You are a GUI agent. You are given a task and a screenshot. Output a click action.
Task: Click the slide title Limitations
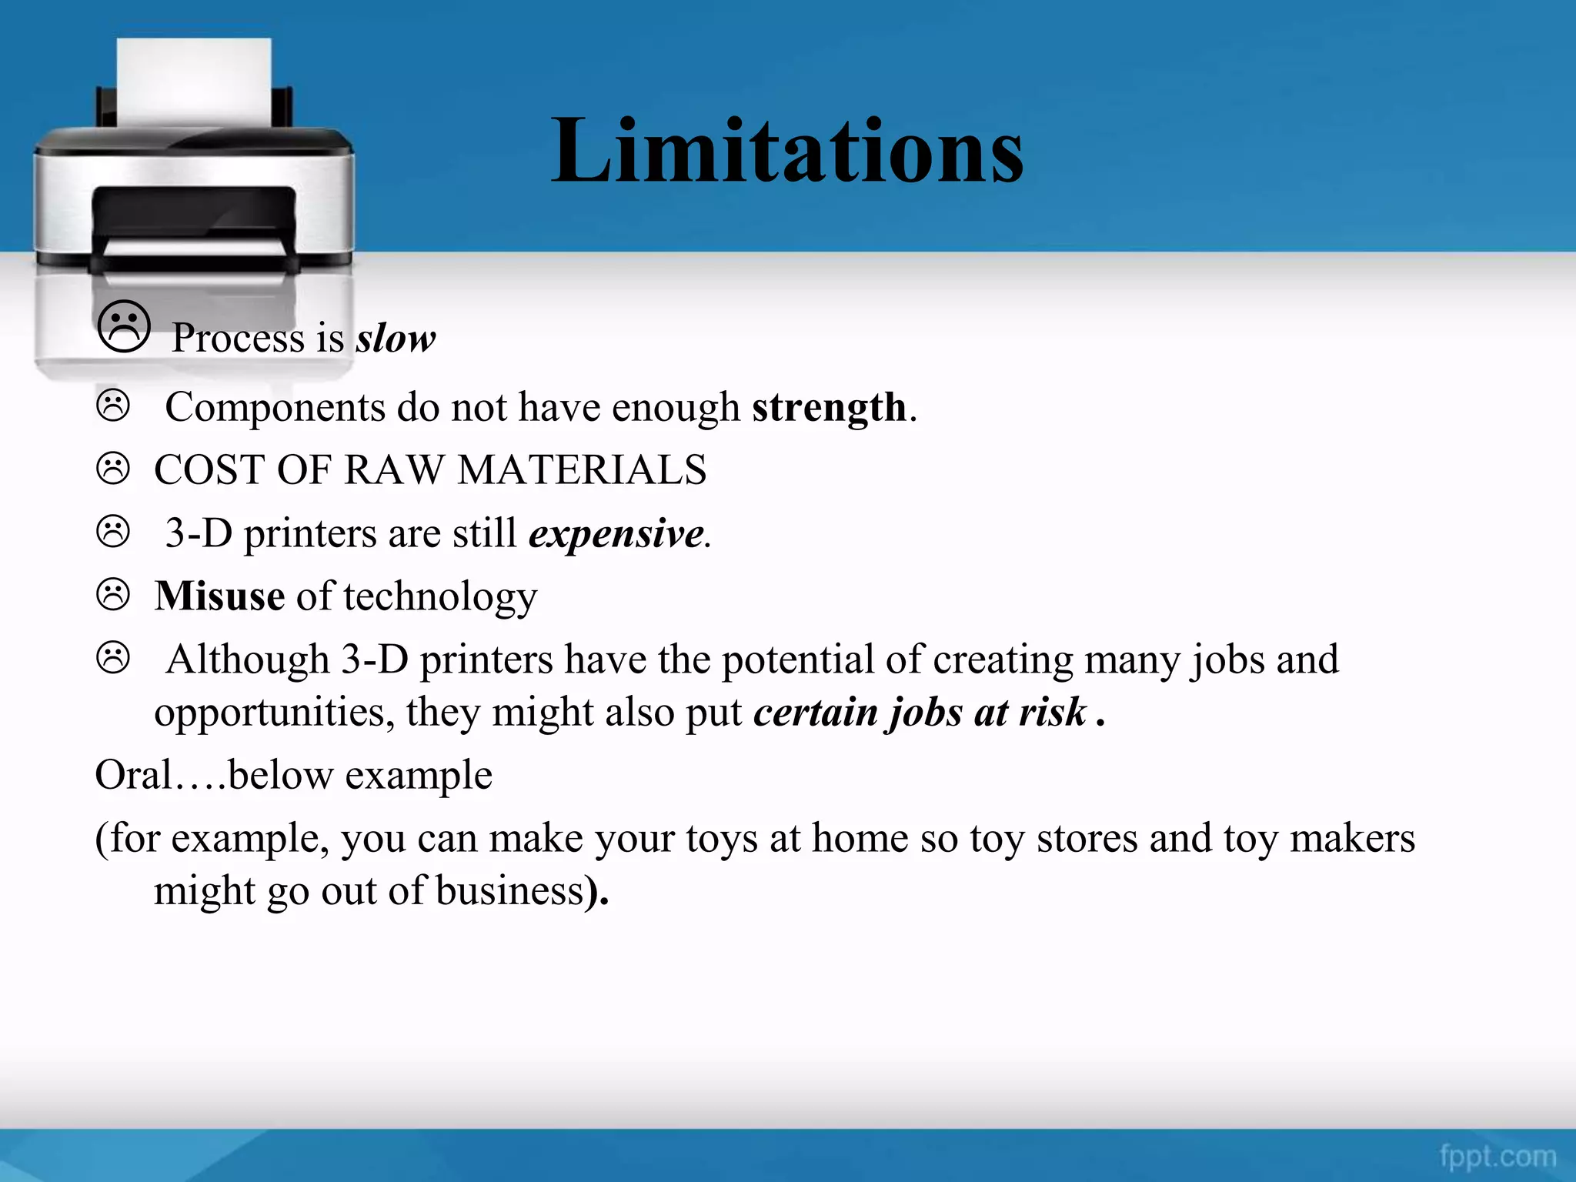click(786, 151)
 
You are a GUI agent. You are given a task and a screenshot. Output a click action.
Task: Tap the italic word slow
click(396, 339)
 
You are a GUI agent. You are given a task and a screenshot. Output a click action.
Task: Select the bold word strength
click(829, 407)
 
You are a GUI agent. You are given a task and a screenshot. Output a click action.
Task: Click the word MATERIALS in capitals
click(582, 470)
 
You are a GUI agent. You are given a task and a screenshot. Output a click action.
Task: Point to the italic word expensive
click(616, 533)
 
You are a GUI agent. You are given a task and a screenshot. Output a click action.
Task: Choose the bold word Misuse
click(219, 596)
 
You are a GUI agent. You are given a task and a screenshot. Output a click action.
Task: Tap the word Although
click(248, 660)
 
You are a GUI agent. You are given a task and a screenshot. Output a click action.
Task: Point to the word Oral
click(133, 775)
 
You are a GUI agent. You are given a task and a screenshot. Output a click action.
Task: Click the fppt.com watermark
click(1498, 1157)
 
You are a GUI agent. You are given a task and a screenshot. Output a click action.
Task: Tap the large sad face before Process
click(124, 327)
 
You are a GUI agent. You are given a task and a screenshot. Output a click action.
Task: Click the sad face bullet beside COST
click(113, 469)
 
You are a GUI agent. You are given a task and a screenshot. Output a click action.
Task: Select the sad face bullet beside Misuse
click(113, 595)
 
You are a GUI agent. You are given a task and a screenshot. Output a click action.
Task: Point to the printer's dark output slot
click(194, 212)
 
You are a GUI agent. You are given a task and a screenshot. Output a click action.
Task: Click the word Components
click(275, 408)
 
